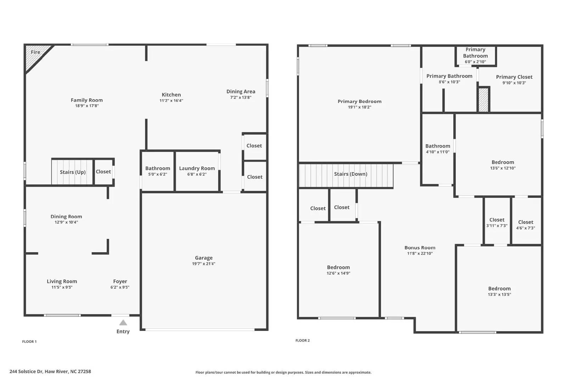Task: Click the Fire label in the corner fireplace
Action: click(35, 52)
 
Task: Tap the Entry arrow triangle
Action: click(123, 322)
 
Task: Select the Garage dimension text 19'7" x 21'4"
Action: click(204, 264)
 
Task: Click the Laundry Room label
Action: click(197, 168)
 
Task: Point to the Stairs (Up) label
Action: click(73, 172)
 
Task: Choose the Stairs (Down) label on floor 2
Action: click(350, 174)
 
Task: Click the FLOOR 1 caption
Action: click(29, 342)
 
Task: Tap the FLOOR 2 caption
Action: click(303, 340)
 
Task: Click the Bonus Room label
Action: click(420, 248)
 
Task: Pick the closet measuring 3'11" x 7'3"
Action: click(497, 222)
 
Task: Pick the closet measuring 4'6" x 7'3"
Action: click(526, 225)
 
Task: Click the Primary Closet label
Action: click(514, 77)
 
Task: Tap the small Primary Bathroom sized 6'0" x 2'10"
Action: click(475, 56)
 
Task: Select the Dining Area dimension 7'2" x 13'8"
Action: click(241, 97)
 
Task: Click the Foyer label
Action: click(120, 281)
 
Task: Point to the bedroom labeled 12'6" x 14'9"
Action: click(338, 270)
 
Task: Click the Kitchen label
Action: click(171, 95)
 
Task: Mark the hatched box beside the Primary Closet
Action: click(483, 100)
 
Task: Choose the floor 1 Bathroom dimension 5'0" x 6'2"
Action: click(158, 174)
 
